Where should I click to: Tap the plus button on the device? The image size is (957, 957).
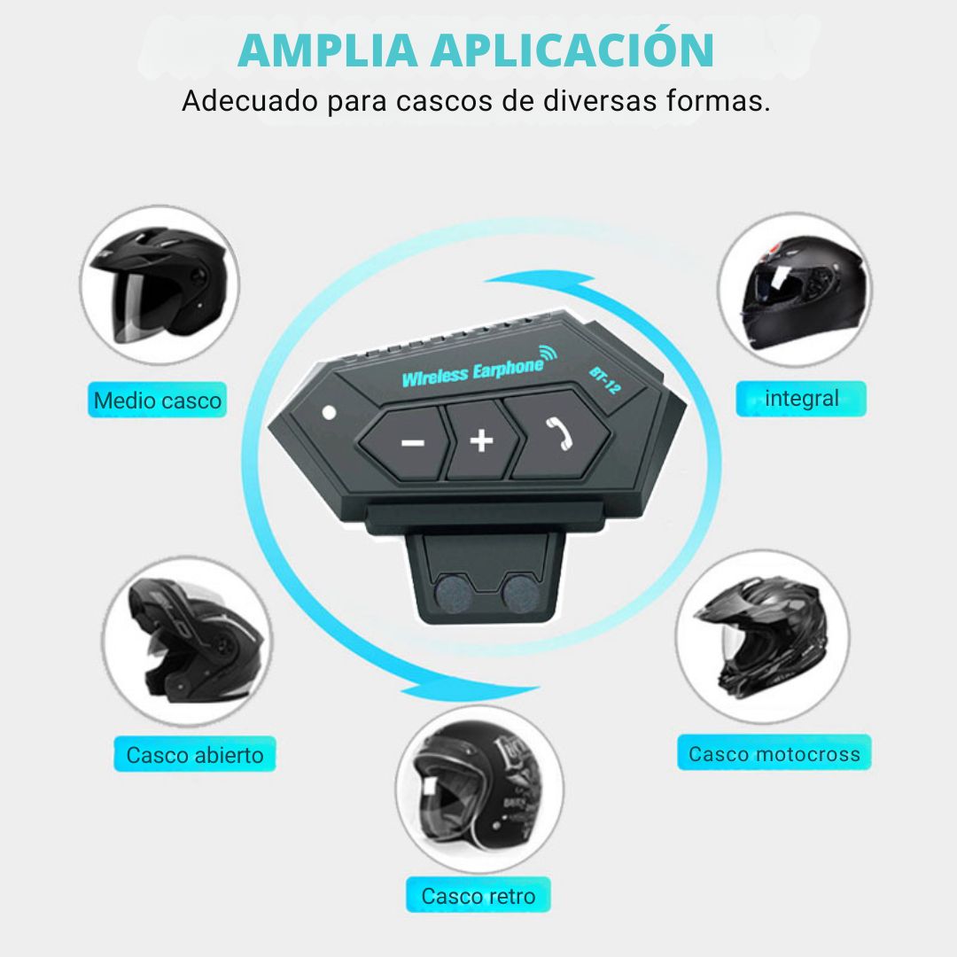pyautogui.click(x=481, y=440)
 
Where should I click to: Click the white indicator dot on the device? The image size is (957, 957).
pyautogui.click(x=329, y=413)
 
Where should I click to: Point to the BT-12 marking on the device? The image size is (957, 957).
pyautogui.click(x=605, y=380)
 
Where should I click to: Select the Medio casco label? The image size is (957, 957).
pyautogui.click(x=158, y=401)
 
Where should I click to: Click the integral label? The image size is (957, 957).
pyautogui.click(x=801, y=399)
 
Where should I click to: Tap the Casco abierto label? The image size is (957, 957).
pyautogui.click(x=195, y=755)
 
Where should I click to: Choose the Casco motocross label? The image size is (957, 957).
pyautogui.click(x=774, y=753)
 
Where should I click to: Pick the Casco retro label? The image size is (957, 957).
pyautogui.click(x=478, y=895)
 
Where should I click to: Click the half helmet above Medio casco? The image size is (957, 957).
pyautogui.click(x=159, y=285)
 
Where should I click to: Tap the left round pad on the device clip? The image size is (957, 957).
pyautogui.click(x=453, y=593)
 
